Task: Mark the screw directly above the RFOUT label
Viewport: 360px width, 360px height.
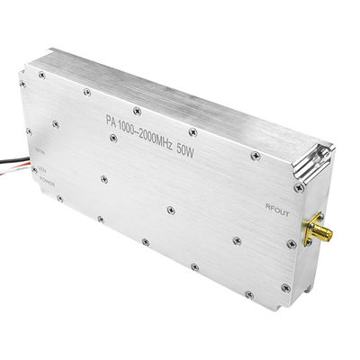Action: (x=296, y=188)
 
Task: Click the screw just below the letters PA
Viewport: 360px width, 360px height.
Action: (x=113, y=137)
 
